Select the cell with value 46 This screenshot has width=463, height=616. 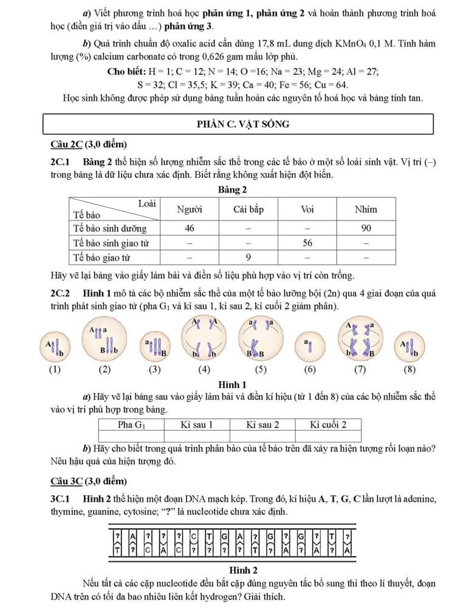(x=189, y=228)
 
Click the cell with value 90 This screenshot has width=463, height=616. (x=366, y=228)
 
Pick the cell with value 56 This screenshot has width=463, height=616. (x=307, y=242)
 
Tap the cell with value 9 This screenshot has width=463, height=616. (x=248, y=257)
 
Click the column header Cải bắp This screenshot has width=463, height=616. (x=248, y=210)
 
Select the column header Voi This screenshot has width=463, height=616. (x=307, y=210)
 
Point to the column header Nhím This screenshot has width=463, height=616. (x=366, y=210)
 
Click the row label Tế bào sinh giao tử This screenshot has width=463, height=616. (x=111, y=242)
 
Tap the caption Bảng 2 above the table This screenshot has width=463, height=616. (x=232, y=190)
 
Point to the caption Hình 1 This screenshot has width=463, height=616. (x=231, y=384)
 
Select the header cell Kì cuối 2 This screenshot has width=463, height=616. (x=328, y=425)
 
